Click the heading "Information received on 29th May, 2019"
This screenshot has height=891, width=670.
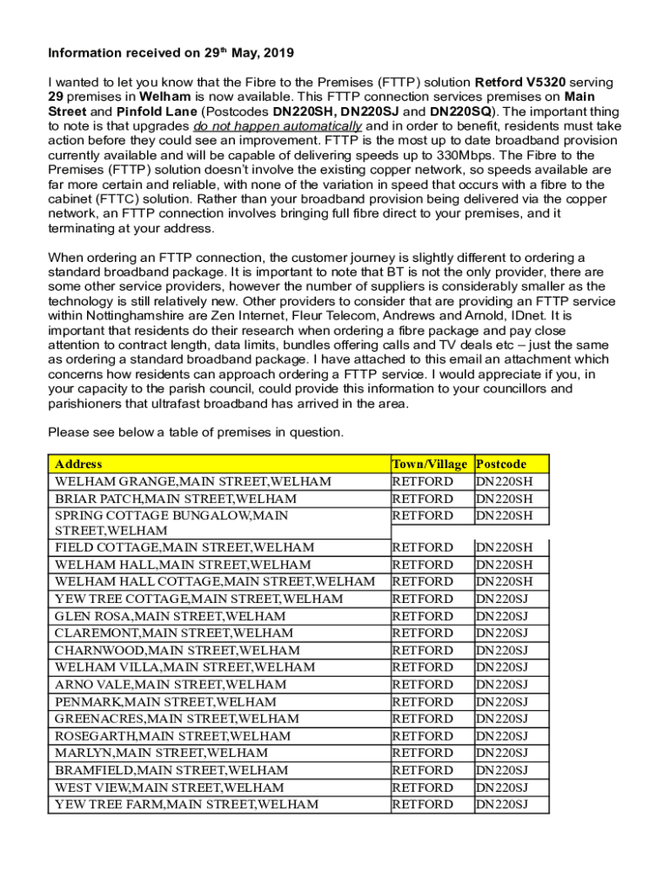tap(159, 52)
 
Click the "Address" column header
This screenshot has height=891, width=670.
tap(78, 464)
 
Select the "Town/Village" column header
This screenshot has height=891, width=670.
tap(430, 464)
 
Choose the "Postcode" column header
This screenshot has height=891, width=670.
tap(501, 464)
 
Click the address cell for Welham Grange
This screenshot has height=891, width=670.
tap(192, 481)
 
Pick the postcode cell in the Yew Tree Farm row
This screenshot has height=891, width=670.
tap(501, 804)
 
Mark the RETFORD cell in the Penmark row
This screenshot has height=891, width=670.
tap(423, 701)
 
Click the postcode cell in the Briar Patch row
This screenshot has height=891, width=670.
tap(501, 499)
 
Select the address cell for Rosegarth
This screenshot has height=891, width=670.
tap(172, 735)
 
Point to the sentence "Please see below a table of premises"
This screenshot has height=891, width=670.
tap(196, 432)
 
